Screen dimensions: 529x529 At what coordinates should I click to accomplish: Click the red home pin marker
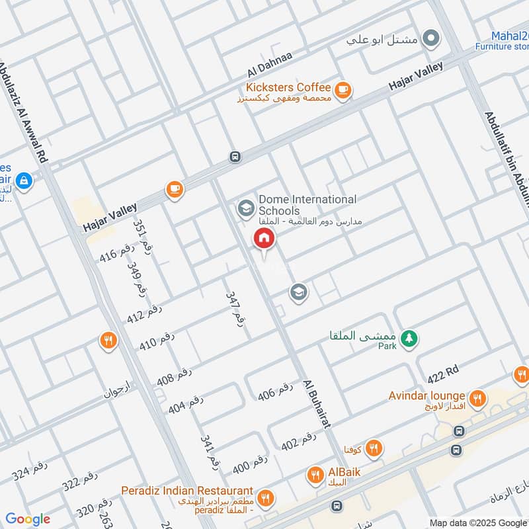pos(263,239)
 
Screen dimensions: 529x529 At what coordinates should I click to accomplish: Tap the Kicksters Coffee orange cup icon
pos(342,91)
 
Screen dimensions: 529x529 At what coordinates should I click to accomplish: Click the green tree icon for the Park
pos(410,338)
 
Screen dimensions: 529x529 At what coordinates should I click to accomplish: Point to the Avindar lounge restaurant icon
pos(478,399)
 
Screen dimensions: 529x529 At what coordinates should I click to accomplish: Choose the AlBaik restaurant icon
pos(315,474)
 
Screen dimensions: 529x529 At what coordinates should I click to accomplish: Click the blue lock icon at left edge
pos(24,180)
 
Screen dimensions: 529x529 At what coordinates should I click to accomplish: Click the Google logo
pos(28,519)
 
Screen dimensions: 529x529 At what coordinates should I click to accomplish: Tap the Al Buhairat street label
pos(316,405)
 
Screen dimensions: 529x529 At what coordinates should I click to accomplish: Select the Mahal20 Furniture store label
pos(503,40)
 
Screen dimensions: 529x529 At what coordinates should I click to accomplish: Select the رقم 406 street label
pos(275,391)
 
